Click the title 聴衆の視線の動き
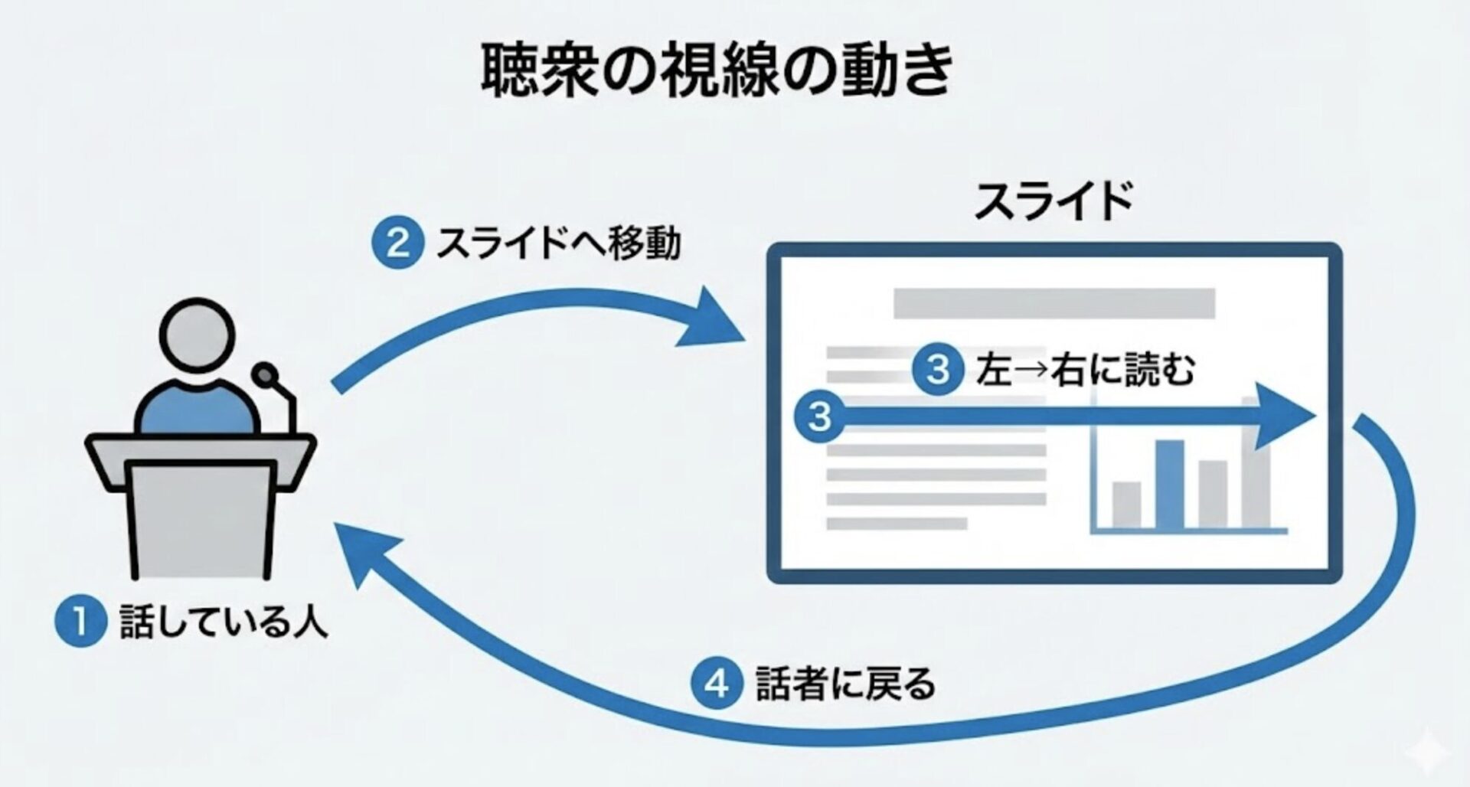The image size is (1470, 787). pyautogui.click(x=717, y=70)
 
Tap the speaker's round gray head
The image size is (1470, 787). pyautogui.click(x=198, y=335)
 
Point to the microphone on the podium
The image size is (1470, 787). pyautogui.click(x=266, y=376)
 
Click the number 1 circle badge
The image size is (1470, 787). pyautogui.click(x=80, y=621)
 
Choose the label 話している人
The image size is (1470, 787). pyautogui.click(x=224, y=622)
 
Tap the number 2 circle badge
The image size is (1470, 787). pyautogui.click(x=397, y=243)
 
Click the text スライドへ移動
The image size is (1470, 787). pyautogui.click(x=558, y=243)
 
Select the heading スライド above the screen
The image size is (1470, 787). pyautogui.click(x=1053, y=201)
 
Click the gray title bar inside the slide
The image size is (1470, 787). pyautogui.click(x=1053, y=303)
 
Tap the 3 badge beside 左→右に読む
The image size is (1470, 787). pyautogui.click(x=938, y=370)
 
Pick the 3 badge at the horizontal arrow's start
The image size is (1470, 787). pyautogui.click(x=819, y=416)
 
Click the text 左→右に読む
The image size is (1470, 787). pyautogui.click(x=1085, y=371)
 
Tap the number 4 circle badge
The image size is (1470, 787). pyautogui.click(x=717, y=683)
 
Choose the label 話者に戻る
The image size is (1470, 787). pyautogui.click(x=845, y=683)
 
